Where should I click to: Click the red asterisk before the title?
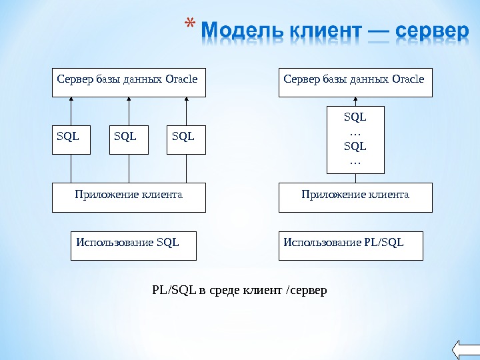pos(189,27)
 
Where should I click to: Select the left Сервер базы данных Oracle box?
pos(129,82)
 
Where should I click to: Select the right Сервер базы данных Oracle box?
pos(355,82)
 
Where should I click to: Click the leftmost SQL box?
pos(71,139)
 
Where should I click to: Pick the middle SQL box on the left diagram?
pos(129,139)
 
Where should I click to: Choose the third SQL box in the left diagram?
pos(186,139)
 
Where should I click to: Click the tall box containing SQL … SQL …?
pos(355,139)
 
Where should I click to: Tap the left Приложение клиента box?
pos(129,198)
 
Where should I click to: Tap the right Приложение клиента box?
pos(355,198)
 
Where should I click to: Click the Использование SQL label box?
pos(133,245)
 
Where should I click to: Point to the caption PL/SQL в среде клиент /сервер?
pos(240,290)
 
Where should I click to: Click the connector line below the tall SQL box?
pos(355,178)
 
